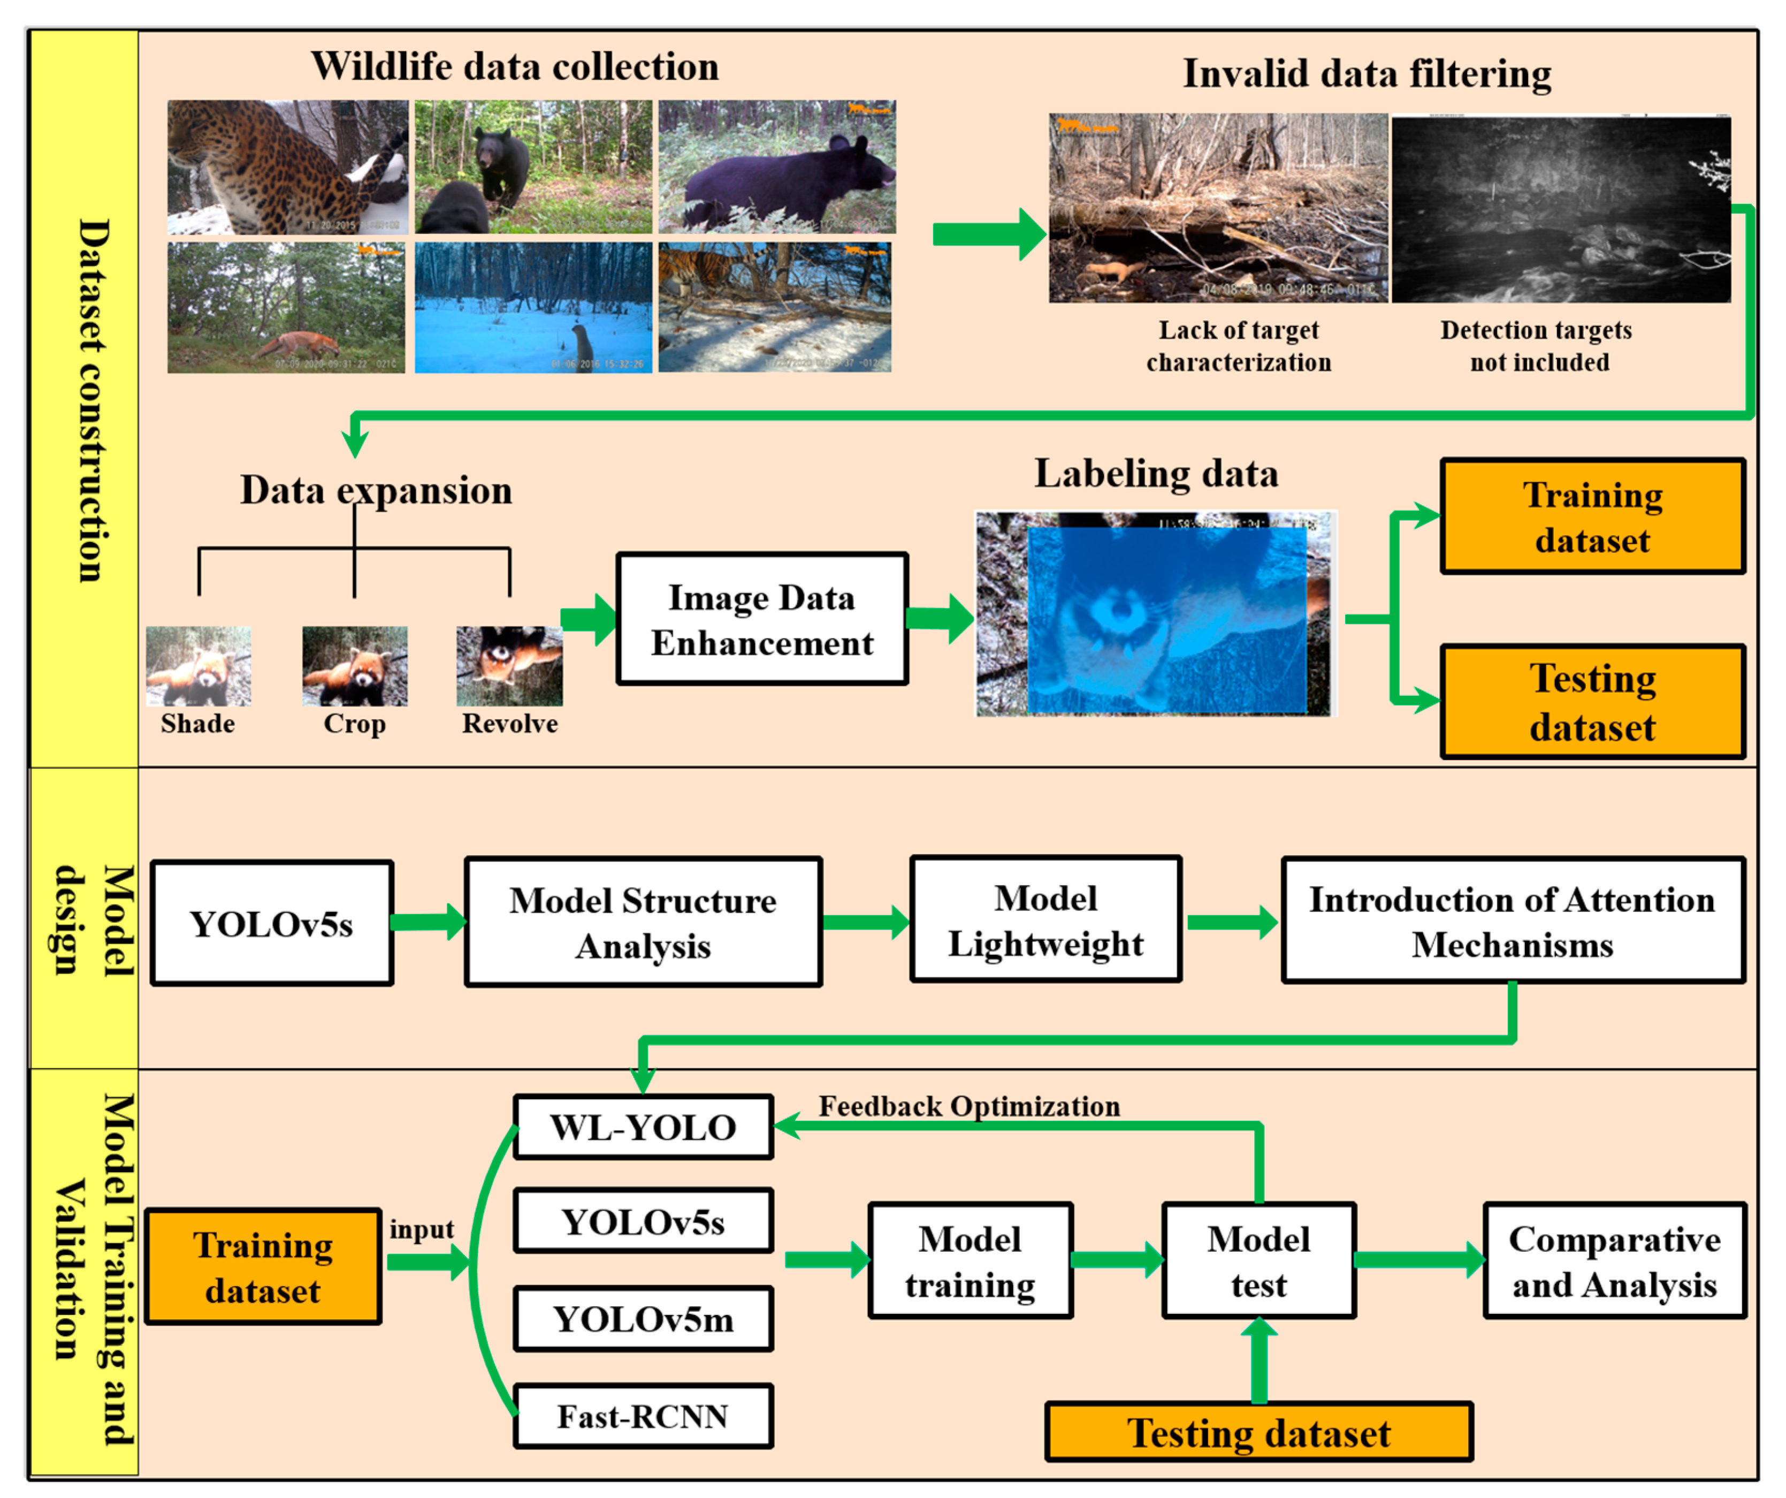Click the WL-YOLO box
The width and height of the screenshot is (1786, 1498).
pos(643,1127)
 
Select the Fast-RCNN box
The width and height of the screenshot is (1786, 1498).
pos(643,1416)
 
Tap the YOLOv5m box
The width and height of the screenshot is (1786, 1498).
pos(643,1319)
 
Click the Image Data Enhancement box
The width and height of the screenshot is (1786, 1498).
pos(762,619)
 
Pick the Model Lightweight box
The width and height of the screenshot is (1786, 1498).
pos(1045,921)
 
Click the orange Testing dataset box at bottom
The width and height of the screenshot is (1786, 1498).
pos(1258,1433)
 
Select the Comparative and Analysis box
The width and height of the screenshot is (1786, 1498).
pos(1614,1261)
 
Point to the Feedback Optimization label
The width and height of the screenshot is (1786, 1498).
pos(968,1106)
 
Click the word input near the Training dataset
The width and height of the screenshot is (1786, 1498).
pos(421,1229)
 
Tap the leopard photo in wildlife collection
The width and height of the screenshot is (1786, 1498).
pos(287,168)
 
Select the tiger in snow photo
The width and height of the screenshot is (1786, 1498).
pos(775,308)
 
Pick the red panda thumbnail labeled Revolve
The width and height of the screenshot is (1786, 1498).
pos(509,666)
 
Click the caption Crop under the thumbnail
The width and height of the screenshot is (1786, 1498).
pos(355,724)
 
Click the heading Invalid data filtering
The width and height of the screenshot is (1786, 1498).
pos(1367,73)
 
